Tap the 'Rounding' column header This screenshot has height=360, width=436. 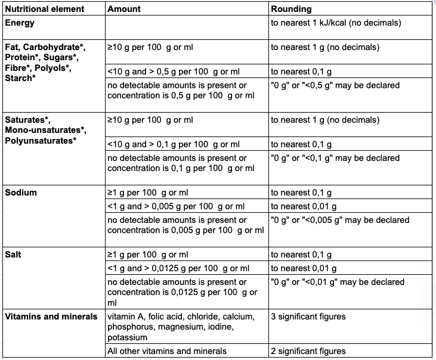click(291, 10)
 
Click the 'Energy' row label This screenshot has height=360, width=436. click(20, 23)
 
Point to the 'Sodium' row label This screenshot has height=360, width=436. click(21, 193)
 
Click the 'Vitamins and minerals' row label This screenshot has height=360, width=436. click(51, 316)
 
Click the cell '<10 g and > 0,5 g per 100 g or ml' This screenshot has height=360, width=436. click(174, 72)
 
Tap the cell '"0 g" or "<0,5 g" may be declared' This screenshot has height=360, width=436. click(335, 85)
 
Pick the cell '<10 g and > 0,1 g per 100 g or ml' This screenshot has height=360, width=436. click(174, 144)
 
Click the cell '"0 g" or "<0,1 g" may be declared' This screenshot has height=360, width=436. click(335, 158)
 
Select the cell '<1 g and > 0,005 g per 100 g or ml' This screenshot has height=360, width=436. click(176, 206)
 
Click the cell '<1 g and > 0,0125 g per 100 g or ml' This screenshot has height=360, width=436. click(178, 268)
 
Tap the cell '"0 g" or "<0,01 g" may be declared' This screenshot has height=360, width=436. click(338, 282)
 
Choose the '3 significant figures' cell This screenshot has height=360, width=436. click(308, 316)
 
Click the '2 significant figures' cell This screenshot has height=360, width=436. click(308, 351)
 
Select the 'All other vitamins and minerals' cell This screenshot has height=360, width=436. click(167, 351)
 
